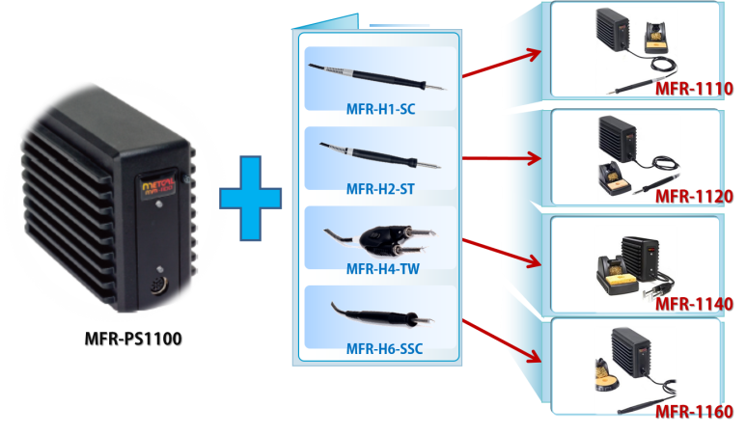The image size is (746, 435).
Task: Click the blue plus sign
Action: [250, 197]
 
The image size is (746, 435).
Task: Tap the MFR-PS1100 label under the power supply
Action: [131, 340]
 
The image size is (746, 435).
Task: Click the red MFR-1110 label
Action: [693, 89]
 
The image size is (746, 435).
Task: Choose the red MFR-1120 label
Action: [693, 197]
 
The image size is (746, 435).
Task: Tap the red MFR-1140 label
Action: [693, 305]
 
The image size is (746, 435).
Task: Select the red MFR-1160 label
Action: [693, 413]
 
